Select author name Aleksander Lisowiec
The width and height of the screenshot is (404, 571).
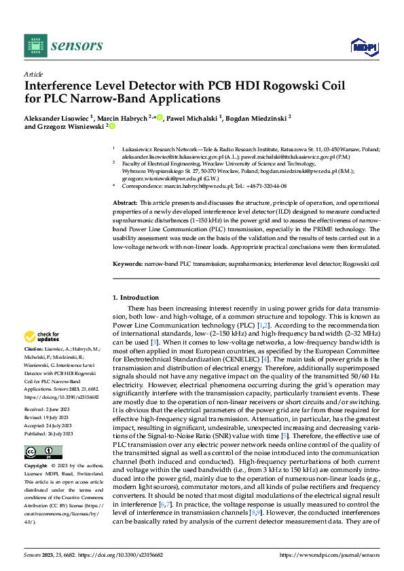pyautogui.click(x=58, y=117)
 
